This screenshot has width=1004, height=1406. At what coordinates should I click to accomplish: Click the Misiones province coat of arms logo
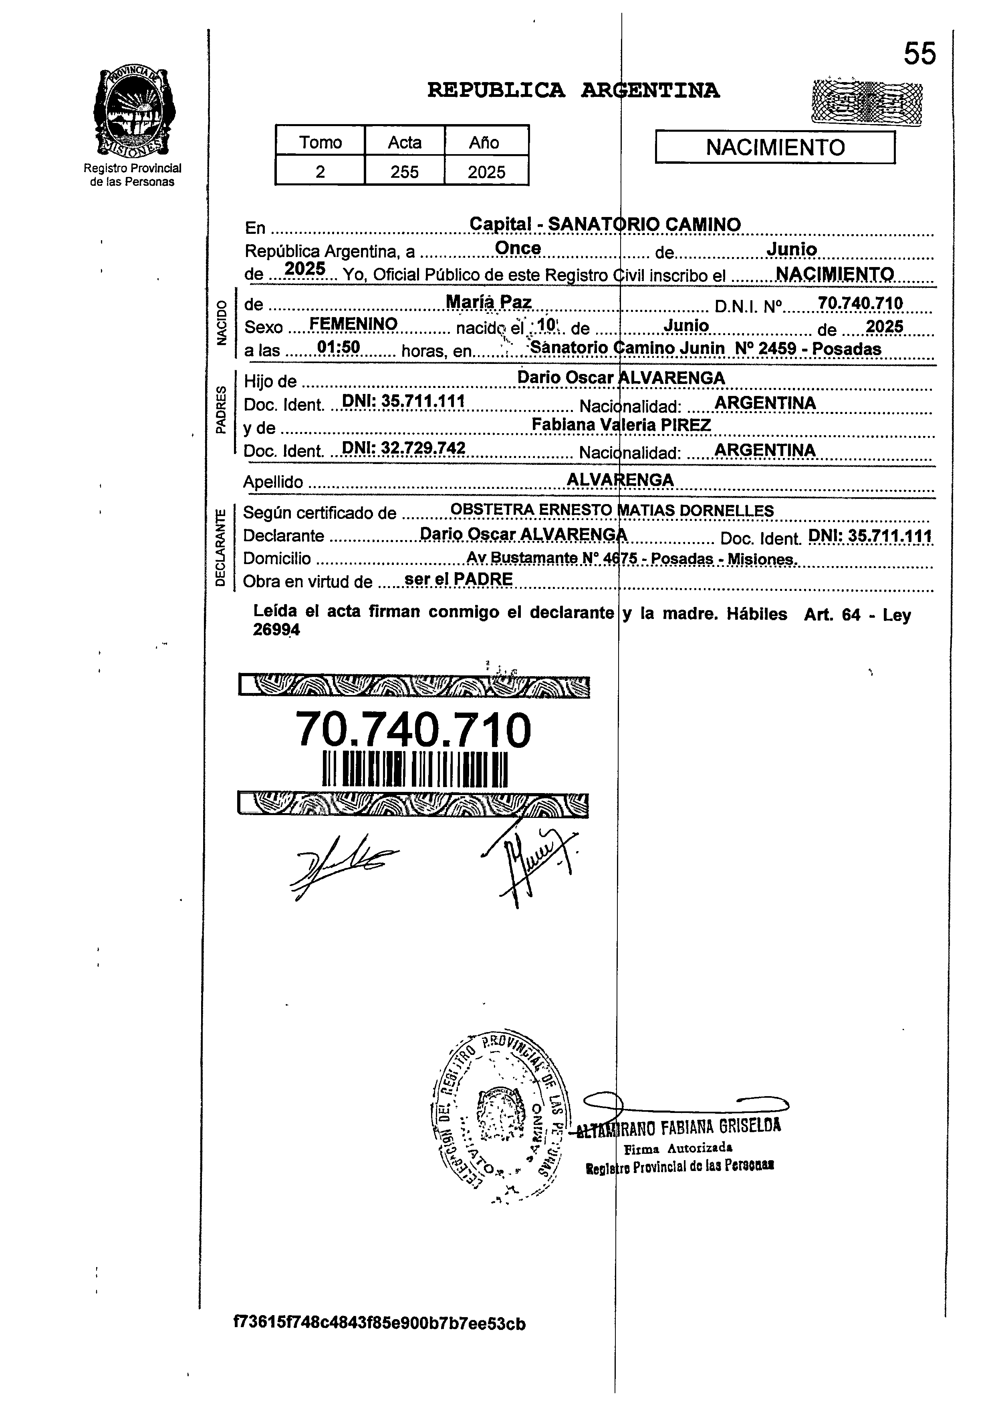(133, 112)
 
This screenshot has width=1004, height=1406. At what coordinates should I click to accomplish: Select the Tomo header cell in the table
(320, 142)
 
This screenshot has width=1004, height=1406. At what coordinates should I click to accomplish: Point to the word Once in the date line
(518, 248)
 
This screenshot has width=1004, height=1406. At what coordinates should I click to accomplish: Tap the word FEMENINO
(353, 324)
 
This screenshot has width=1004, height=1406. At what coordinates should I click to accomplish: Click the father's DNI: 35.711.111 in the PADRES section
(403, 402)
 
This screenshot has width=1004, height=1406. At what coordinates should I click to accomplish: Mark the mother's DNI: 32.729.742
(403, 448)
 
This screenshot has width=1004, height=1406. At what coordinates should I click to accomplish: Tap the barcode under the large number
(414, 769)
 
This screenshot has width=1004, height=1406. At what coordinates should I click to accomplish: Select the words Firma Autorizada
(678, 1149)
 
